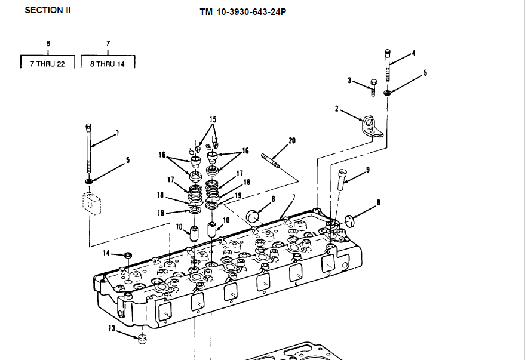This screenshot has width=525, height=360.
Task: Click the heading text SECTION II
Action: click(47, 10)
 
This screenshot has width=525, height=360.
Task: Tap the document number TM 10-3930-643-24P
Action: click(242, 11)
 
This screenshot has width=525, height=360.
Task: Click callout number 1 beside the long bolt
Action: click(117, 133)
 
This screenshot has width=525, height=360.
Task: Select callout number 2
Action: click(337, 109)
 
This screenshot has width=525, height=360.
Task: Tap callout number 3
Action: click(350, 80)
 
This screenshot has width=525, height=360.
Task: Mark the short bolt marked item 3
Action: click(373, 87)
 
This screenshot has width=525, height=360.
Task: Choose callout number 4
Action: click(413, 53)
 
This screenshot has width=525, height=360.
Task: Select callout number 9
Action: click(368, 170)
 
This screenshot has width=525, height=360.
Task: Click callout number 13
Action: click(112, 328)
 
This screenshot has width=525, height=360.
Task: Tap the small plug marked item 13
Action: click(142, 340)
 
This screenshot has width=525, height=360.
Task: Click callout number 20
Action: click(292, 141)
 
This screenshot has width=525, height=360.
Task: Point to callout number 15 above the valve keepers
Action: click(212, 120)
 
